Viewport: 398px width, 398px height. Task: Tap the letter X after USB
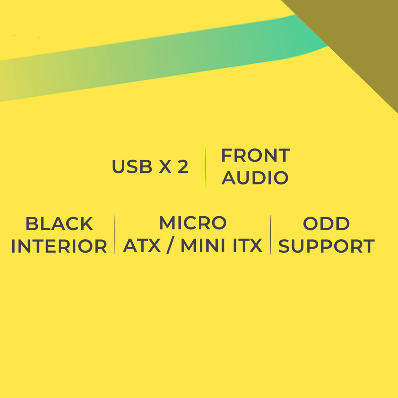pos(165,166)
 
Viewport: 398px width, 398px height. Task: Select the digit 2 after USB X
pos(183,166)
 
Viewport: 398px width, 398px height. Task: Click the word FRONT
pos(255,155)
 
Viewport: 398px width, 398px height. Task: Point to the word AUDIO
pos(255,177)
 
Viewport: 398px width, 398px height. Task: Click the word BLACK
pos(59,224)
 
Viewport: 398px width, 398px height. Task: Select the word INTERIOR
pos(59,246)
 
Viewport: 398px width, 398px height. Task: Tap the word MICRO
pos(193,223)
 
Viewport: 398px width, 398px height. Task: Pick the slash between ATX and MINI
pos(170,246)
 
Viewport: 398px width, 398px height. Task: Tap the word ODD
pos(326,224)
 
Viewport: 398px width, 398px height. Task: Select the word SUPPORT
pos(326,246)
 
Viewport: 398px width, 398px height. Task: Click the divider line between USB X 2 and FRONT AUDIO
pos(205,166)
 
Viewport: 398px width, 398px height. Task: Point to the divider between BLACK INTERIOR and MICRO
pos(115,234)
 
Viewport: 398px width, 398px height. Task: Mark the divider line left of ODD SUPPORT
pos(271,234)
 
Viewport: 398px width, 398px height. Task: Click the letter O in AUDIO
pos(281,177)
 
